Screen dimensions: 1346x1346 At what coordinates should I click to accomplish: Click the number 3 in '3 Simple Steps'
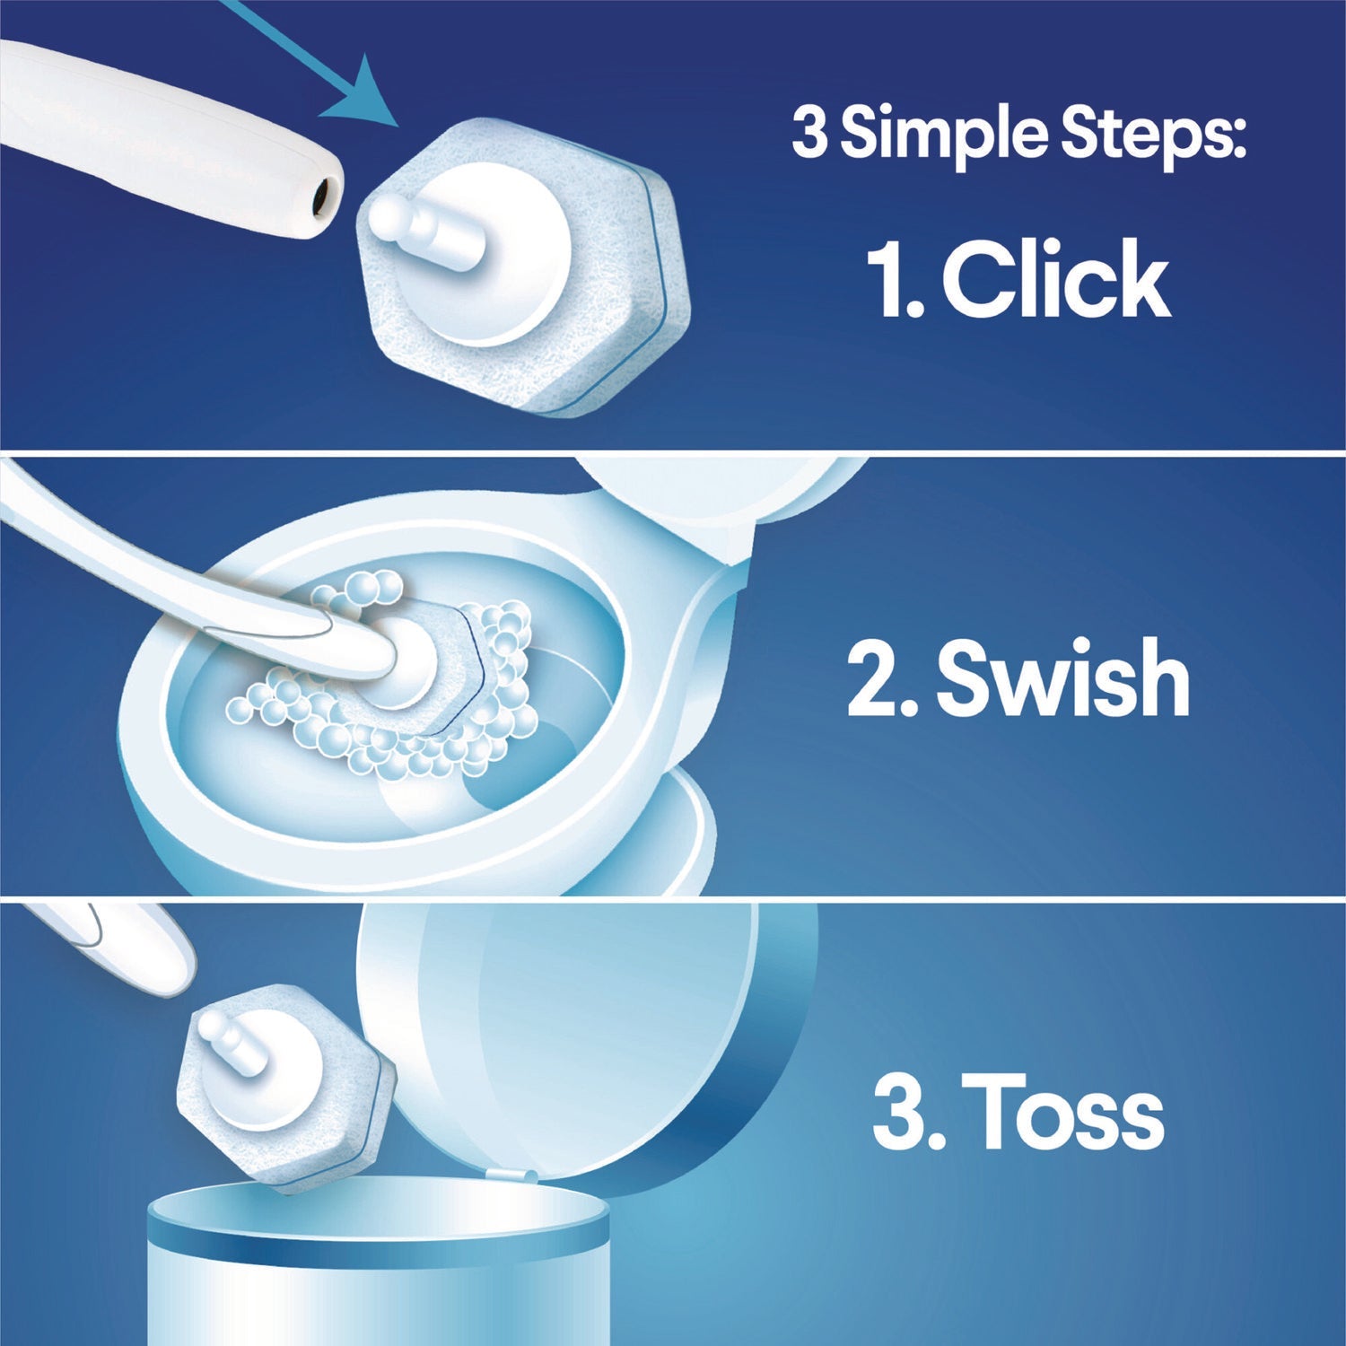808,134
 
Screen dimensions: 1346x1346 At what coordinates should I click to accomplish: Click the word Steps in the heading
1154,135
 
